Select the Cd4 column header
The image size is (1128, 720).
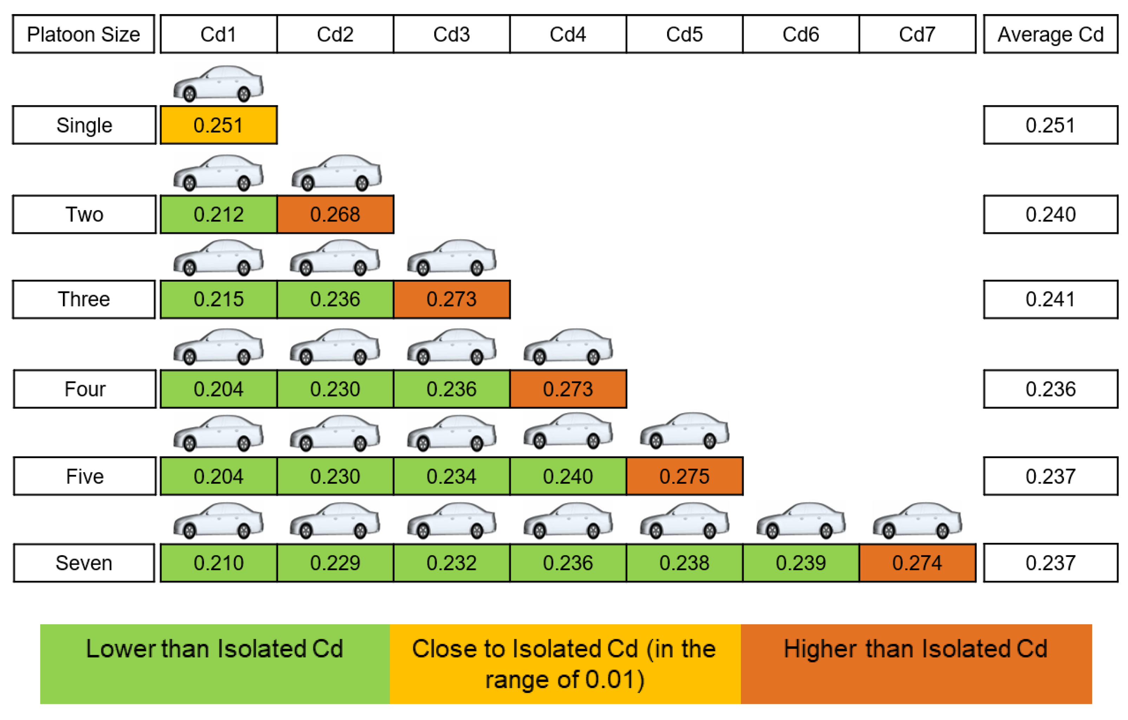[x=568, y=34]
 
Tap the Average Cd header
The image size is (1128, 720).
[x=1050, y=34]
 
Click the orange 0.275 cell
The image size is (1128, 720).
[x=684, y=476]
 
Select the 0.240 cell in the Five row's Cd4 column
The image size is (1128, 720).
[x=568, y=476]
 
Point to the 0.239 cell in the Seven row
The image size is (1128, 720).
[x=801, y=563]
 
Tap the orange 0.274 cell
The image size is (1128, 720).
[x=917, y=563]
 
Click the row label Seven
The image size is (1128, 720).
[x=84, y=563]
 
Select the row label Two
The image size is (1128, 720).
[x=84, y=214]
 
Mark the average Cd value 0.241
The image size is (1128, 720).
[x=1050, y=299]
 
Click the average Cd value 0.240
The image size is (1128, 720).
[x=1050, y=214]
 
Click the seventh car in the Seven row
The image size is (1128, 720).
[x=917, y=520]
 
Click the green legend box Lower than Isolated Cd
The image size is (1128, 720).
[x=215, y=664]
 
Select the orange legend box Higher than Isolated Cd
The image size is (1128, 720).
[x=916, y=664]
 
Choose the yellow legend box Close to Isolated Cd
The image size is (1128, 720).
[x=565, y=664]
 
